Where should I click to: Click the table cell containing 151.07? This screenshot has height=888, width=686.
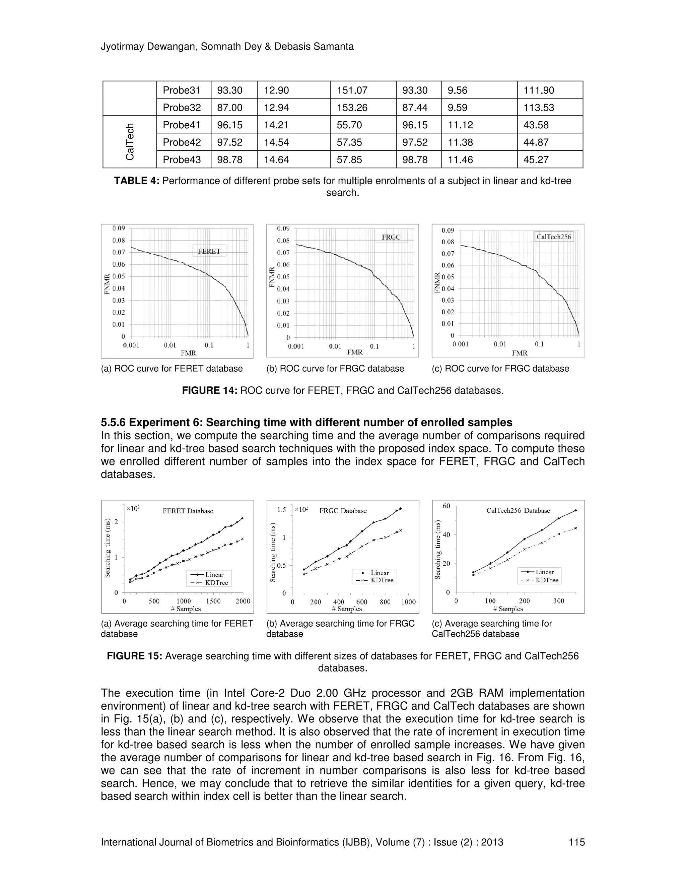click(x=352, y=90)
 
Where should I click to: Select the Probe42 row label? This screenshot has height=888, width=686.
click(x=182, y=142)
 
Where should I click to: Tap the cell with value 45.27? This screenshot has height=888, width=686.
click(x=536, y=160)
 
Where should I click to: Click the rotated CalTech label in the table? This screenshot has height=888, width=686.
click(x=130, y=142)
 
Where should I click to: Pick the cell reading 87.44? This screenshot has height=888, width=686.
click(x=415, y=108)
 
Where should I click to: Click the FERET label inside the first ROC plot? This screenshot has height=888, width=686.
click(x=209, y=251)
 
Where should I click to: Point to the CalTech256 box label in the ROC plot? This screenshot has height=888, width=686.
click(x=553, y=237)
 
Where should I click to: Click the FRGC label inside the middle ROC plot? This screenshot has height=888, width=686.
click(x=391, y=237)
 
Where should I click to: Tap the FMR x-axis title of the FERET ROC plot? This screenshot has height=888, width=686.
click(x=189, y=353)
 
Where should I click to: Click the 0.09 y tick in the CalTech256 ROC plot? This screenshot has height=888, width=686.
click(x=448, y=231)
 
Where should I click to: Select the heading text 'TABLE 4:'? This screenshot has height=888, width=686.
click(x=137, y=181)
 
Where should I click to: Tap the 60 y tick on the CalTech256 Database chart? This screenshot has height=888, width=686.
click(x=446, y=506)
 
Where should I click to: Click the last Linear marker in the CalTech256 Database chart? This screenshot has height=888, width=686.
click(x=575, y=510)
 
